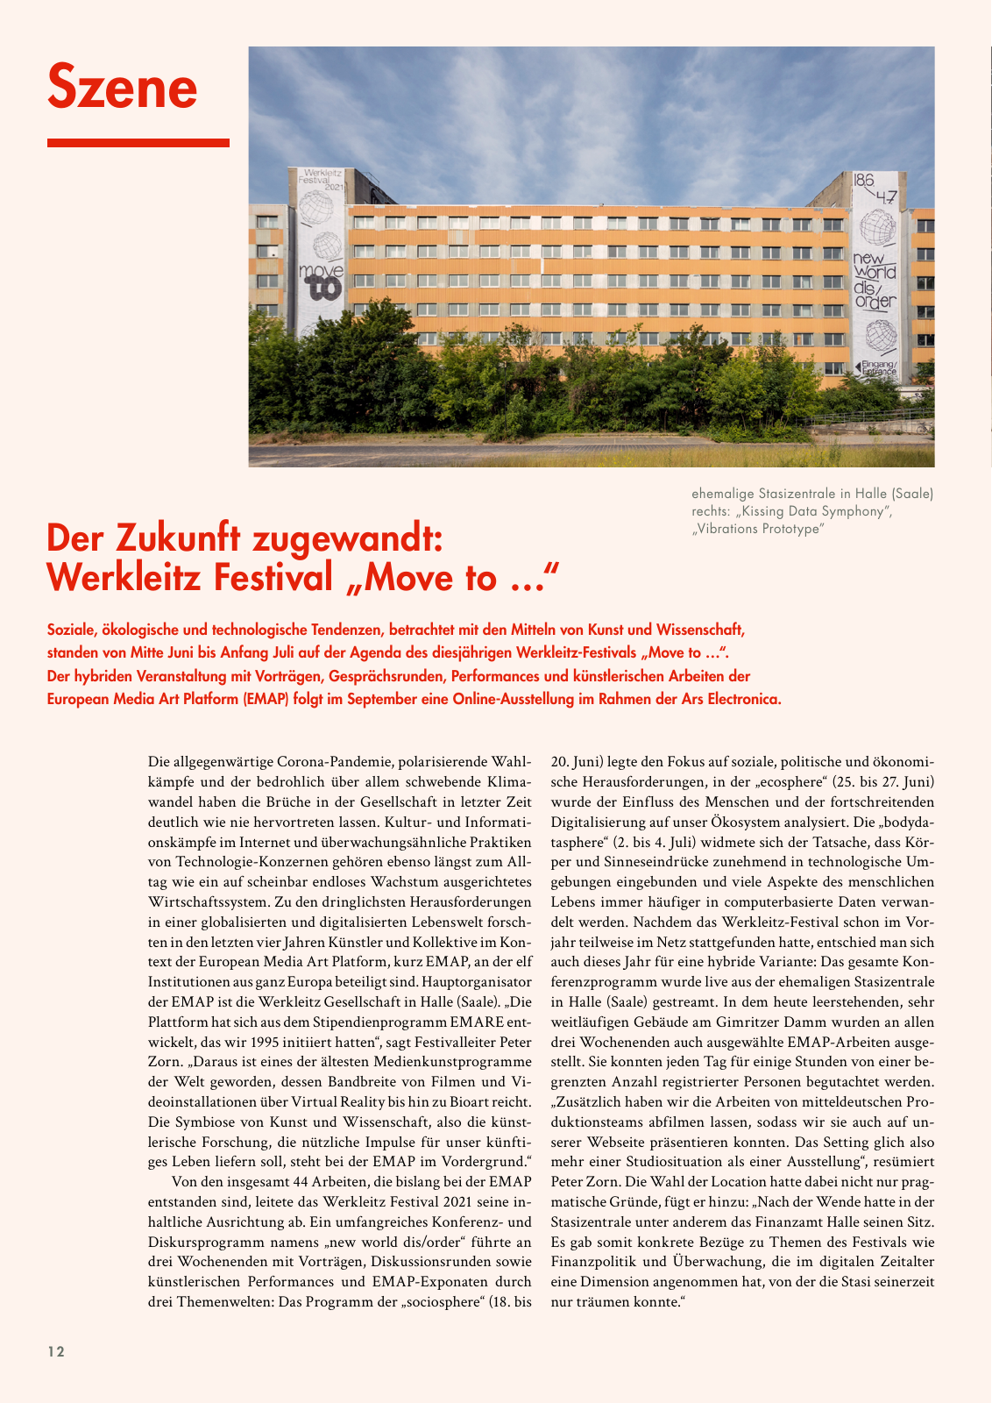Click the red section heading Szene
point(123,86)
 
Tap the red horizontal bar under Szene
point(138,142)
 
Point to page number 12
point(56,1351)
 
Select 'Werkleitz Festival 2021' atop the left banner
point(322,179)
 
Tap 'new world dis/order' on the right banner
point(875,280)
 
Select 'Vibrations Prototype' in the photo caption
point(759,529)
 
